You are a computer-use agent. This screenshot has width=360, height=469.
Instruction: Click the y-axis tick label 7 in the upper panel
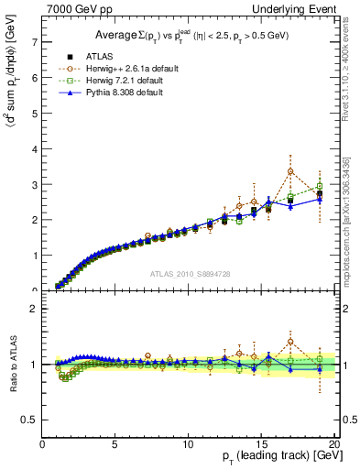click(34, 42)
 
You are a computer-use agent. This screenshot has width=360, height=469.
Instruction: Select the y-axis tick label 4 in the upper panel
click(34, 148)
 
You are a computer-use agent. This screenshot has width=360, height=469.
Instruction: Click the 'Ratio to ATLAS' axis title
click(13, 365)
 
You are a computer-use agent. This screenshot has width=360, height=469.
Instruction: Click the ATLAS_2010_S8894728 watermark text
click(189, 274)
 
